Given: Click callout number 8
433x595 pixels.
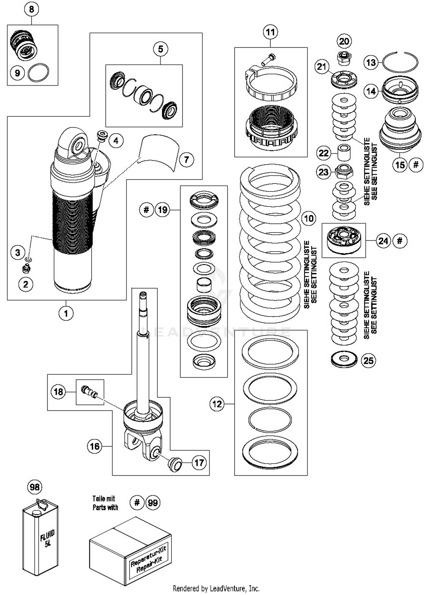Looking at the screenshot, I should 31,9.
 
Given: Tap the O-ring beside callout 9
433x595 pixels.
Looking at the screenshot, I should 38,72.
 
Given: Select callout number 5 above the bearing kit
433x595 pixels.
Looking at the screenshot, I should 160,49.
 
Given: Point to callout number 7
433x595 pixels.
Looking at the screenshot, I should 186,159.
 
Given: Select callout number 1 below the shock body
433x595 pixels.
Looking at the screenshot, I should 66,313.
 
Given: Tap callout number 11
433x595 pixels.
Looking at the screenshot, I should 270,32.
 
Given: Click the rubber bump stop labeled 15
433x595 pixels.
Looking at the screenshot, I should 400,130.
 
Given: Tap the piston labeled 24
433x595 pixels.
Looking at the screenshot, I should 344,239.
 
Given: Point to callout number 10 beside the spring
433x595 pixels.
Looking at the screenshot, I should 309,218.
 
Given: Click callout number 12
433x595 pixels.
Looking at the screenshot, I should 217,404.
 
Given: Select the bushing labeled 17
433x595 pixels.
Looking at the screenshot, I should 175,464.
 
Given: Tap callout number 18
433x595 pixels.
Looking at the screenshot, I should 59,392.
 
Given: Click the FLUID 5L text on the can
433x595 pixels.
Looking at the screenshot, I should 47,538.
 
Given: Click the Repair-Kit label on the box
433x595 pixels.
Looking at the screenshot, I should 149,560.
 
